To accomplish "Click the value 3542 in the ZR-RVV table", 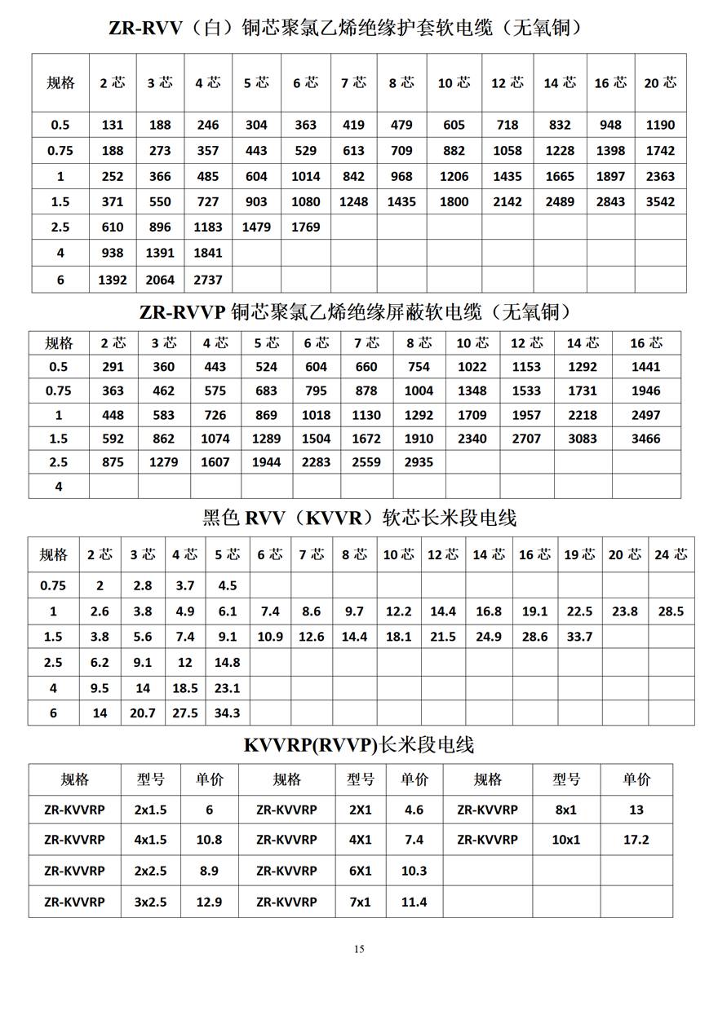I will tap(660, 201).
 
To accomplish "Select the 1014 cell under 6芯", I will tap(305, 176).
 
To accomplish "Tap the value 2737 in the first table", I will tap(208, 279).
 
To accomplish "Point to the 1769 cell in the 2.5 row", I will tap(305, 227).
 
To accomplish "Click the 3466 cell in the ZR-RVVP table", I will tap(646, 439).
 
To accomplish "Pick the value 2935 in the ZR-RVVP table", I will tap(419, 462).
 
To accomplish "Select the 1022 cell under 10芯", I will tap(472, 367).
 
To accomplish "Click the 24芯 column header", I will tap(671, 554).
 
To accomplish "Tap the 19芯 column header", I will tap(579, 554).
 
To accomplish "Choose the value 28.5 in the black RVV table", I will tap(671, 611).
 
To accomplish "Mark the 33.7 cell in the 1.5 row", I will tap(579, 637).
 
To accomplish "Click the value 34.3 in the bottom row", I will tap(227, 713).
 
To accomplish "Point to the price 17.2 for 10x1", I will tap(636, 839).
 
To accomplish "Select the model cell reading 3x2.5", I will tap(150, 902).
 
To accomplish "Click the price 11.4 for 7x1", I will tap(414, 902).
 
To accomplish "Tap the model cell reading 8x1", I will tap(566, 810).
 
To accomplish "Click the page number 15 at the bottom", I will tap(359, 948).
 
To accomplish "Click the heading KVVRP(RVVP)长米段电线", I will tap(359, 744).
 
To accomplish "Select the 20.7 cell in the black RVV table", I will tap(142, 713).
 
